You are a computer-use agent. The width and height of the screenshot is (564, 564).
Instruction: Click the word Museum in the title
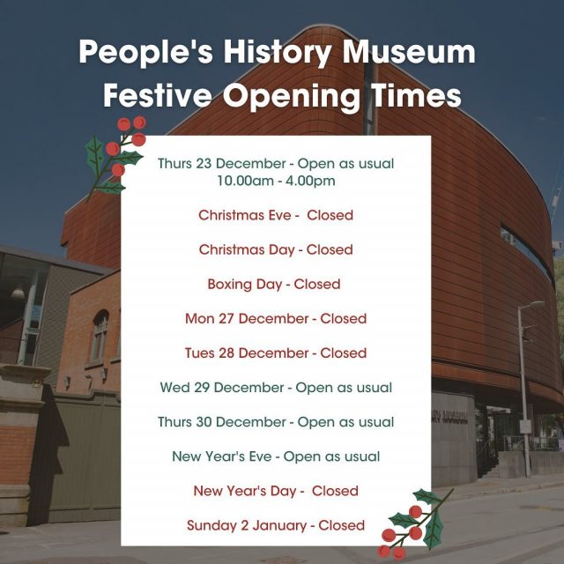tap(409, 52)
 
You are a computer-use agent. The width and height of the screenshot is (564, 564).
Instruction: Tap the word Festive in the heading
tap(158, 96)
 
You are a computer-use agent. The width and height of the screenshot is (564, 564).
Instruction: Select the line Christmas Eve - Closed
tap(276, 215)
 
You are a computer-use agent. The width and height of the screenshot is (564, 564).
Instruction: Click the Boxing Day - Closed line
tap(274, 284)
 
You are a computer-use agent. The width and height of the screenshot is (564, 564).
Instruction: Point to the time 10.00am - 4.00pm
tap(276, 181)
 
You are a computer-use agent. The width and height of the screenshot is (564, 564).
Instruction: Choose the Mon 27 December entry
tap(276, 319)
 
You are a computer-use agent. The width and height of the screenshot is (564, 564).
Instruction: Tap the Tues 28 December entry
tap(276, 352)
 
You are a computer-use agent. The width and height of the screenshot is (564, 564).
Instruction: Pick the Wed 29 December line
tap(276, 388)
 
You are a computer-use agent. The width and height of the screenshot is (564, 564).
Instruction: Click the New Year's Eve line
tap(276, 456)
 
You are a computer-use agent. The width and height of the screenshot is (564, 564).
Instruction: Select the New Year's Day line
tap(276, 491)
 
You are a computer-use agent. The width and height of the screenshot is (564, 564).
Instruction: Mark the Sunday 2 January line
tap(276, 525)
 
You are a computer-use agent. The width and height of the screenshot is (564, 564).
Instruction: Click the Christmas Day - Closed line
tap(276, 249)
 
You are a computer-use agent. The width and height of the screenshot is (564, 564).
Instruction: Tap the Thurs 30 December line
tap(276, 422)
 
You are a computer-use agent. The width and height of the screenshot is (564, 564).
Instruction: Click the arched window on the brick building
tap(100, 336)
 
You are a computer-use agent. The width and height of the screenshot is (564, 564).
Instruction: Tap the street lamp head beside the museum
tap(533, 304)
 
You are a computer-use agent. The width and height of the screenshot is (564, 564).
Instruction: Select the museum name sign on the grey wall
tap(450, 416)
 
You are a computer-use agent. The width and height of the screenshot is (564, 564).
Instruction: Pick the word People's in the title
tap(146, 52)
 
